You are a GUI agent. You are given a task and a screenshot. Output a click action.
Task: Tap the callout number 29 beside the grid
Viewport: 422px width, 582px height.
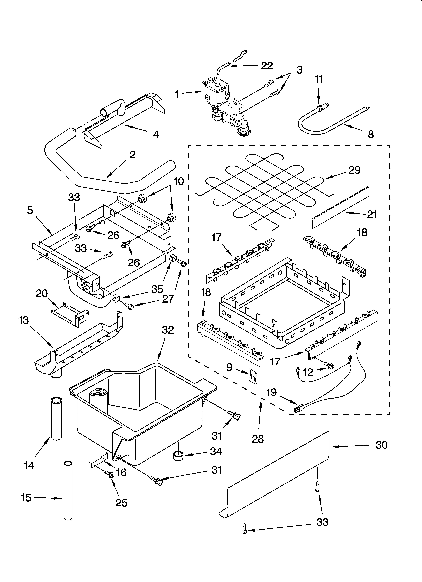(354, 170)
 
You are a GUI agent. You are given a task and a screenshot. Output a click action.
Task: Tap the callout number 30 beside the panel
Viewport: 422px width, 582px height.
(381, 445)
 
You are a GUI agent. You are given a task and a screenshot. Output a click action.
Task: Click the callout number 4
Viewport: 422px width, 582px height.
(156, 134)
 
